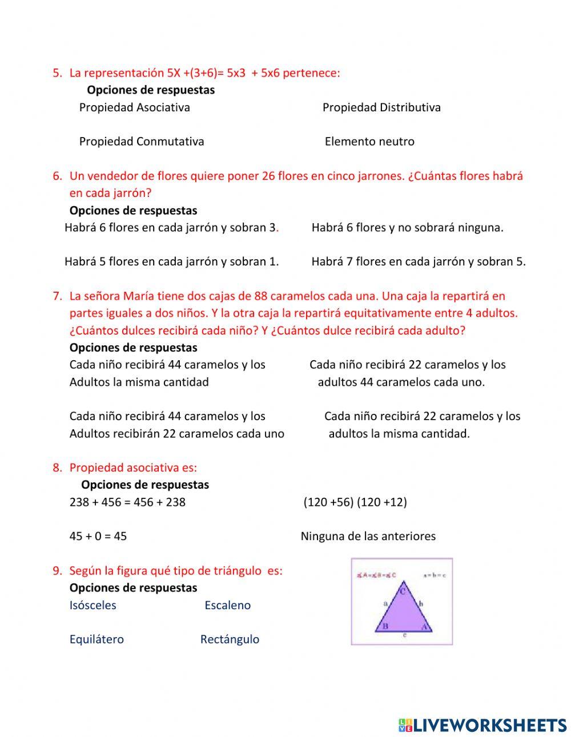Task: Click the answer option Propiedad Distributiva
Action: (x=381, y=107)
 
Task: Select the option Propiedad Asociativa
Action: (x=134, y=107)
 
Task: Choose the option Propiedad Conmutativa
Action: (x=141, y=142)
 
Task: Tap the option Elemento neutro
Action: (x=369, y=142)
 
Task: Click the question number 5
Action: (x=57, y=73)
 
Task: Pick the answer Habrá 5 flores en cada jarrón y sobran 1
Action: (x=171, y=261)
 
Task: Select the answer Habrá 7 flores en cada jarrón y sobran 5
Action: (x=419, y=261)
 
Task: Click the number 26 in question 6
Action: (x=268, y=176)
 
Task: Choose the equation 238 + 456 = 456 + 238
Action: (x=127, y=502)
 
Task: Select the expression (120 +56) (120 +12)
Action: (x=355, y=502)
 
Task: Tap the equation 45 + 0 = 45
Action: (x=98, y=536)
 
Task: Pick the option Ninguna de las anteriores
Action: (x=368, y=536)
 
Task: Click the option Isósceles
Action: (x=93, y=605)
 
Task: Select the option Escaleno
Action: (x=227, y=605)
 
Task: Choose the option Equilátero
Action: (x=96, y=639)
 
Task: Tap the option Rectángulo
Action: (x=230, y=639)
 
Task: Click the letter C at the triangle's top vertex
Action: (x=403, y=591)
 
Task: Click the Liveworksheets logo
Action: (x=482, y=725)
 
